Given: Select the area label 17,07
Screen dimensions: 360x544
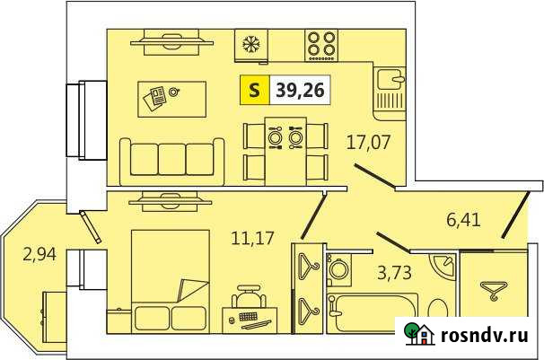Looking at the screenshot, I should [x=368, y=140].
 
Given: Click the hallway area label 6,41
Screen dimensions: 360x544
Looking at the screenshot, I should [x=466, y=217].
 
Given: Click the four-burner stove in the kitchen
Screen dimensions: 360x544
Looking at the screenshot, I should [x=321, y=43].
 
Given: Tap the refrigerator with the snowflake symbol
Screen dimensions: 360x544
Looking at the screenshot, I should [x=250, y=43].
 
